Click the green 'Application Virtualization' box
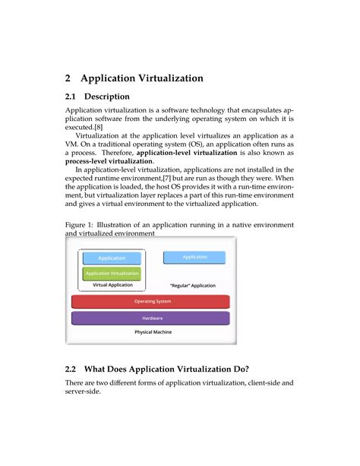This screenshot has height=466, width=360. pos(112,273)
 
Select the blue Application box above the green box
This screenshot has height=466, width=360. pos(112,258)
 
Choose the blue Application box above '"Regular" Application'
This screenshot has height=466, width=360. pos(194,257)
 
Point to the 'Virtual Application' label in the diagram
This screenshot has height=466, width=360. pos(112,285)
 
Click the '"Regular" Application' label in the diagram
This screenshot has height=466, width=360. pos(194,286)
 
